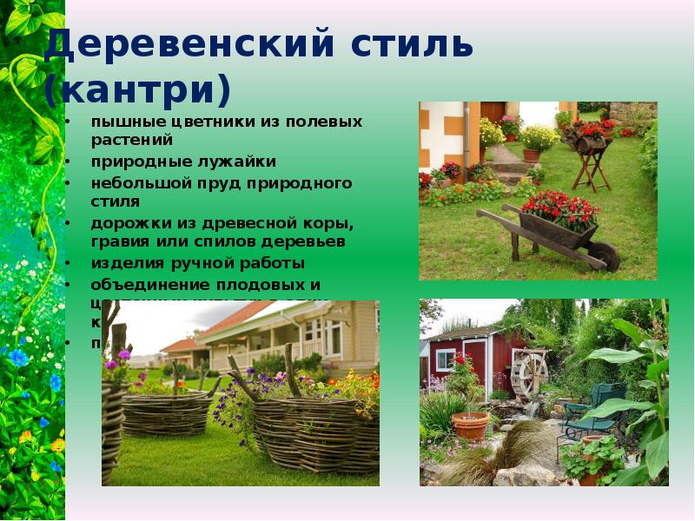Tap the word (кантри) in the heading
click(x=138, y=89)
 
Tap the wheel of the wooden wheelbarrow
click(x=602, y=255)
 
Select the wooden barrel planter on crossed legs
click(x=588, y=141)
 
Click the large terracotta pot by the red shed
click(x=470, y=425)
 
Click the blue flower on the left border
click(x=18, y=357)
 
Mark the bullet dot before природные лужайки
click(x=69, y=162)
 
